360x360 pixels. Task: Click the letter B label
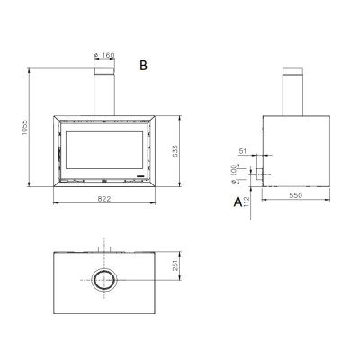click(x=143, y=65)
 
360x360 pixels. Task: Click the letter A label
click(x=238, y=202)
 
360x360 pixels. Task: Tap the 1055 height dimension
click(x=24, y=128)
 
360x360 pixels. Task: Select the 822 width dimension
click(x=104, y=199)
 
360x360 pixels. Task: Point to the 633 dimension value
click(x=175, y=151)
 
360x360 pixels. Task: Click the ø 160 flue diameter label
click(x=104, y=55)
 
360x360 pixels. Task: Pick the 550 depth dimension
click(x=296, y=195)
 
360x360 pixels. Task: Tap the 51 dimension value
click(x=242, y=151)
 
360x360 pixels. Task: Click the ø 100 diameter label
click(x=233, y=174)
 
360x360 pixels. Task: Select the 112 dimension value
click(x=247, y=202)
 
